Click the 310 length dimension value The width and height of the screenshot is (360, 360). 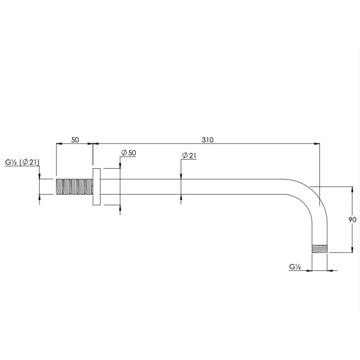pyautogui.click(x=208, y=140)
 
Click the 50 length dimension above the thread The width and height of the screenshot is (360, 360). pyautogui.click(x=75, y=140)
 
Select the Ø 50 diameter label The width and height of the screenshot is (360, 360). pyautogui.click(x=129, y=153)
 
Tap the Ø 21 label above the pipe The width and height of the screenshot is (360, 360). pyautogui.click(x=189, y=156)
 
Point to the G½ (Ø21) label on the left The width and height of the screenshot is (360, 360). pyautogui.click(x=22, y=162)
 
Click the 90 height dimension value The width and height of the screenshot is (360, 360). pyautogui.click(x=352, y=220)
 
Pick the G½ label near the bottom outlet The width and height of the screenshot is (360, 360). pyautogui.click(x=294, y=267)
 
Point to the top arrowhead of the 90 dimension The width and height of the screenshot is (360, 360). pyautogui.click(x=351, y=189)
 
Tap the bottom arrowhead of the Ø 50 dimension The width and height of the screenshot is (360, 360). pyautogui.click(x=120, y=207)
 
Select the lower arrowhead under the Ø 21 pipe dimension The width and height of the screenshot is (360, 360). pyautogui.click(x=180, y=197)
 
